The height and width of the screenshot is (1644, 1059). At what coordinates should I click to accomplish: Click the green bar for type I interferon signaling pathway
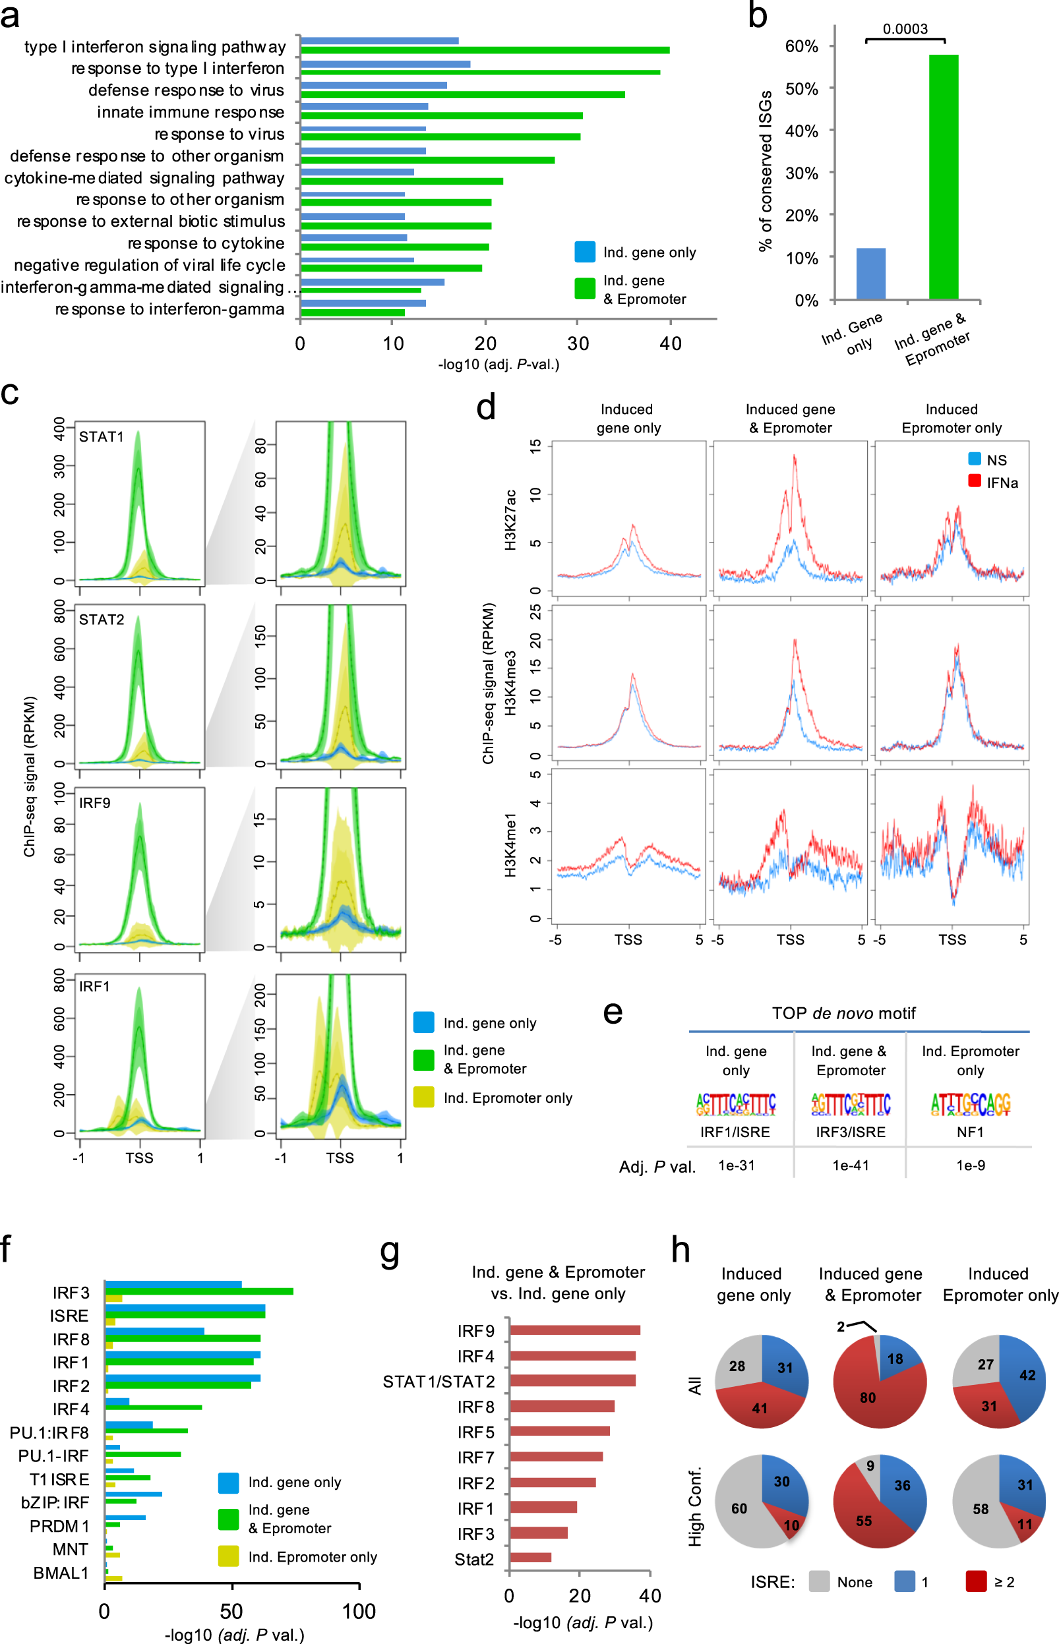coord(485,50)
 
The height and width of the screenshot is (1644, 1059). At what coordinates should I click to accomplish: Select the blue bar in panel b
coord(870,274)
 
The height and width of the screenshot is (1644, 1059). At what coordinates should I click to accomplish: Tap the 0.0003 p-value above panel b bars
coord(905,29)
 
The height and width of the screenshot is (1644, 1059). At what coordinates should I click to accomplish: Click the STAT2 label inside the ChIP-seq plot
coord(102,620)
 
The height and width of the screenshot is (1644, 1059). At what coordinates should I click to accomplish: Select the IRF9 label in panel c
coord(95,803)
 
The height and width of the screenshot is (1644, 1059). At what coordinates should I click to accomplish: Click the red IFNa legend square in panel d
coord(975,481)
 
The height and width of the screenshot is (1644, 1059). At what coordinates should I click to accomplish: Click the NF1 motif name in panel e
coord(970,1132)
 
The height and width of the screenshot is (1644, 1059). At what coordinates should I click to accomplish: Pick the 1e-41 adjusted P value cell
coord(851,1165)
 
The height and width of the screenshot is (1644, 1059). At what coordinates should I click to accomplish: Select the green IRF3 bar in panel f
coord(199,1291)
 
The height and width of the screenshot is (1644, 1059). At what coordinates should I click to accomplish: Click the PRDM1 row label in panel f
coord(59,1526)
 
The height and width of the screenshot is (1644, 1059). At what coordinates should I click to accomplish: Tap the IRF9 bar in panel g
coord(575,1331)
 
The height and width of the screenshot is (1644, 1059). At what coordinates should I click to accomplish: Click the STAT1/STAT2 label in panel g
coord(439,1382)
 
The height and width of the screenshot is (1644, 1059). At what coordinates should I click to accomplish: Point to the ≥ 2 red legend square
coord(976,1581)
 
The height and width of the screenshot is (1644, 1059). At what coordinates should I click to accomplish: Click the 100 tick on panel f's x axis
coord(359,1612)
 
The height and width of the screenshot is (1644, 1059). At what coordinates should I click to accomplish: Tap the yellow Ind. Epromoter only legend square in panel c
coord(423,1097)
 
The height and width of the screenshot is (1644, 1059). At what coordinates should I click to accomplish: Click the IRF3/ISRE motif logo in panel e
coord(851,1103)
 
